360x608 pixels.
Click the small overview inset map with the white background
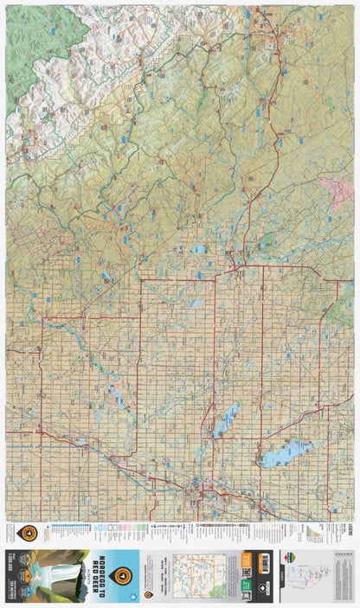[197, 574]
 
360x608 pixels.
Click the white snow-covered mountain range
[52, 86]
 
